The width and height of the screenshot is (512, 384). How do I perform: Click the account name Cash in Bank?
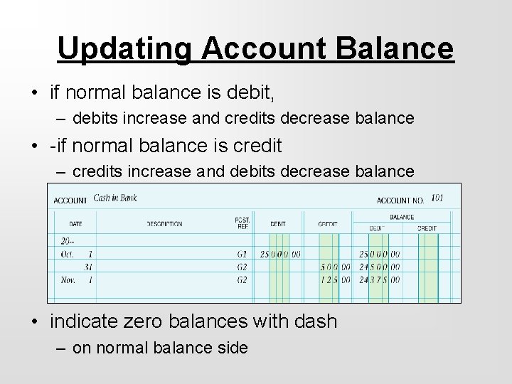[x=115, y=198]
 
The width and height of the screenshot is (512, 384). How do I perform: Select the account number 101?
[x=437, y=198]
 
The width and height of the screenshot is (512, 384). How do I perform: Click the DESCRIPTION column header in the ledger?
[x=164, y=224]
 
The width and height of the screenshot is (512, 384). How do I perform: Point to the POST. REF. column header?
[x=242, y=223]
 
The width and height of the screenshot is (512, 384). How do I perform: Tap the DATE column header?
[x=77, y=224]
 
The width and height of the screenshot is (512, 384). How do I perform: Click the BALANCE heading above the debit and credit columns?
[x=402, y=217]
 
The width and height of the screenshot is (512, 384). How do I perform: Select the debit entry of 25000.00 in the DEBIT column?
[x=280, y=254]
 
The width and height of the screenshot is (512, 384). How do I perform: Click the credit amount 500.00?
[x=335, y=267]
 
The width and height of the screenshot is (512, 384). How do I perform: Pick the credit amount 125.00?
[x=335, y=280]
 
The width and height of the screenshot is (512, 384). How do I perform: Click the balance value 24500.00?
[x=379, y=267]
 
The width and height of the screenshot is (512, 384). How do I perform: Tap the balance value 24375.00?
[x=379, y=280]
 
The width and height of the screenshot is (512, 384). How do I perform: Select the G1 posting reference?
[x=242, y=254]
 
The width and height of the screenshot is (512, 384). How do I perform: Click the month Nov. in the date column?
[x=69, y=280]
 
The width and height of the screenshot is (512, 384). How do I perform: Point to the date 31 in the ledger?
[x=88, y=267]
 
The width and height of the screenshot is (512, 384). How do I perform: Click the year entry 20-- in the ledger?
[x=68, y=241]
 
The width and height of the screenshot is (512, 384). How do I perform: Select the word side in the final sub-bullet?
[x=232, y=349]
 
